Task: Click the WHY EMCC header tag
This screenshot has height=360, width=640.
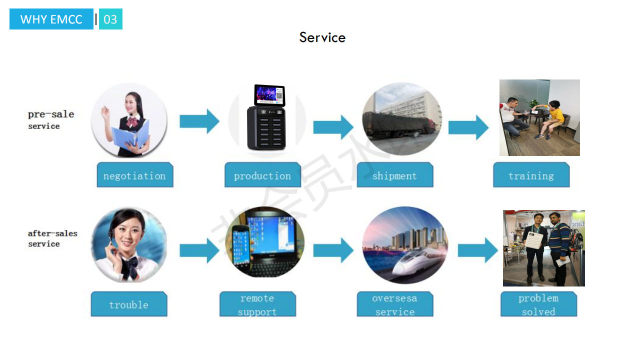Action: click(51, 19)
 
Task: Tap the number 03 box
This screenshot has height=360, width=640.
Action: click(110, 19)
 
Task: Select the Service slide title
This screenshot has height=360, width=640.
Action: click(322, 37)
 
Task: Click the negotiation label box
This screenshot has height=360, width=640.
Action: click(134, 175)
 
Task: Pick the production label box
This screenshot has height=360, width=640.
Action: click(262, 175)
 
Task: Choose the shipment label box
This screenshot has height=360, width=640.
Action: click(394, 175)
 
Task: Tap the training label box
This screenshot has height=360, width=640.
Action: click(531, 175)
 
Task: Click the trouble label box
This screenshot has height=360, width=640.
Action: click(128, 304)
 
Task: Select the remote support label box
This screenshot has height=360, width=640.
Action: click(257, 304)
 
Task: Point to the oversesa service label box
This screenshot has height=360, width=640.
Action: click(394, 304)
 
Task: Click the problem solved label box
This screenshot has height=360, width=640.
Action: click(538, 304)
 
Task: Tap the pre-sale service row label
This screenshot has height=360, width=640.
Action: click(50, 119)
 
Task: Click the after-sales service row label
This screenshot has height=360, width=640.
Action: click(52, 238)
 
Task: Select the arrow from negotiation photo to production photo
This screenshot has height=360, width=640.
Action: click(199, 121)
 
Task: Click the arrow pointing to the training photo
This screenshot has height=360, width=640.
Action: click(468, 127)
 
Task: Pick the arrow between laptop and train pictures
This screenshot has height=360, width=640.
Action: click(333, 250)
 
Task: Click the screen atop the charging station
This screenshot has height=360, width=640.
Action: click(269, 95)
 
